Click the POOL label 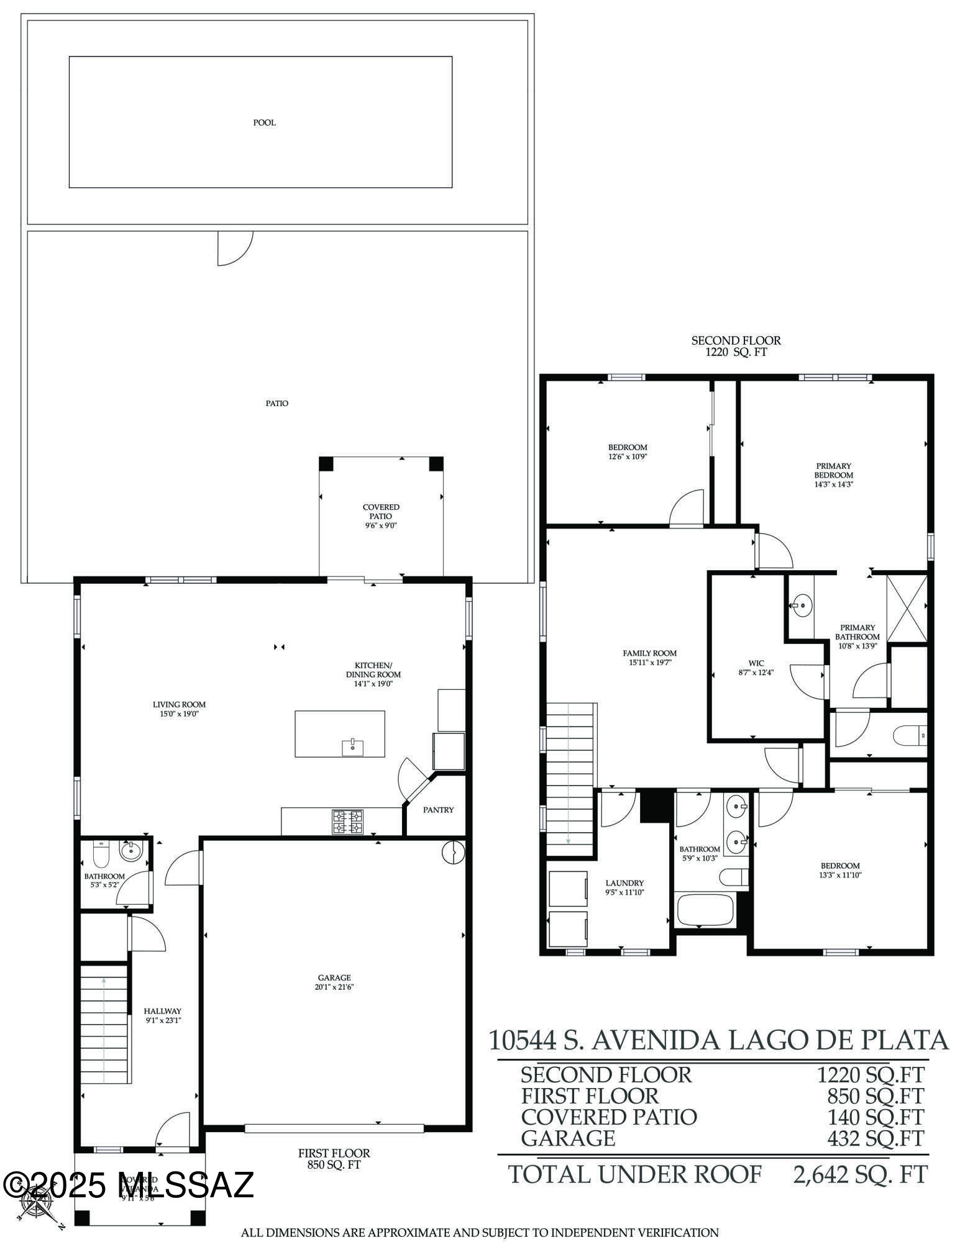pos(264,122)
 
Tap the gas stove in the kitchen pos(347,822)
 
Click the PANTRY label pos(438,810)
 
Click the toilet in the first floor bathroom pos(101,854)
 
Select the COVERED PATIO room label pos(381,512)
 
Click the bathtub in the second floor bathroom pos(704,910)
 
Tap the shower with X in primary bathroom pos(907,609)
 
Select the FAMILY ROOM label pos(649,653)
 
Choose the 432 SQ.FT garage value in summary pos(875,1138)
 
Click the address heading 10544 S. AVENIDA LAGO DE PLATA pos(718,1040)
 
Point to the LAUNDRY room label pos(624,883)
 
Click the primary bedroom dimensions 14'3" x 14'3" pos(833,484)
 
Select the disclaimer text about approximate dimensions pos(479,1233)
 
